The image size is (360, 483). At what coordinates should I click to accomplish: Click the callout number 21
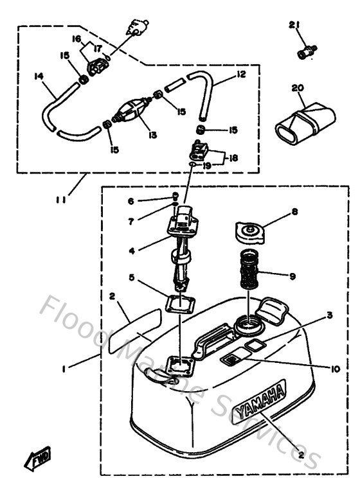coord(294,25)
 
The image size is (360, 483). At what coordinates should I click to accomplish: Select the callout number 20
coord(297,87)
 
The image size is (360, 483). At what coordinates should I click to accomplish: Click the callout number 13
coord(152,136)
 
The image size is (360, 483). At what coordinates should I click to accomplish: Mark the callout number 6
coord(130,201)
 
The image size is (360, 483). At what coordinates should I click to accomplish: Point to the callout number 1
coord(64,370)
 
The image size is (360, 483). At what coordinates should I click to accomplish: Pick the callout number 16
coord(76,40)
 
